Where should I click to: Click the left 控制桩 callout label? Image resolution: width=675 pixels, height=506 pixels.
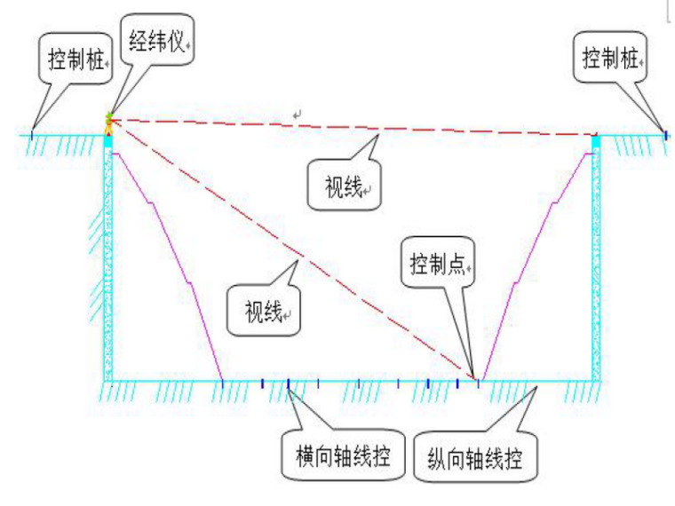tap(75, 59)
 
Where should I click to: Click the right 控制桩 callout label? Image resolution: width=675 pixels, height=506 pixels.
tap(611, 59)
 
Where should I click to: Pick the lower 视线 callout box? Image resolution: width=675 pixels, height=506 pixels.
tap(264, 311)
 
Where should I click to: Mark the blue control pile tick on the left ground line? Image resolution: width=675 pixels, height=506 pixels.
tap(33, 135)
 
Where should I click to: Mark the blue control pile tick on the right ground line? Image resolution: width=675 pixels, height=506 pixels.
tap(664, 134)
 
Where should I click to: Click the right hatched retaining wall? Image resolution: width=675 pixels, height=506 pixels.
tap(596, 266)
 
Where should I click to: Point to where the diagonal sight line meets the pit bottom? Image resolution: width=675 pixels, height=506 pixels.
tap(474, 379)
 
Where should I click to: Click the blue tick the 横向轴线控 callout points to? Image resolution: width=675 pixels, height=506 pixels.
tap(289, 383)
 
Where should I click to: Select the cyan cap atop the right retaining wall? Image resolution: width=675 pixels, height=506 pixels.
tap(596, 140)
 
